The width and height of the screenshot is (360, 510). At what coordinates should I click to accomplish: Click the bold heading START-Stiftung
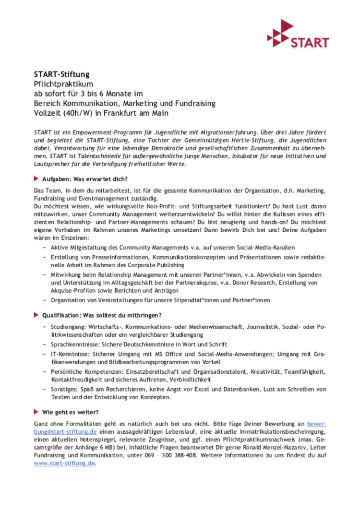(x=61, y=74)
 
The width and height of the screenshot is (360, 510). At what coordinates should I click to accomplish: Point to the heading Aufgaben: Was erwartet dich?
(x=84, y=178)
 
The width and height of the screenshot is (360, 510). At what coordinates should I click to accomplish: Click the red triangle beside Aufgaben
(x=36, y=178)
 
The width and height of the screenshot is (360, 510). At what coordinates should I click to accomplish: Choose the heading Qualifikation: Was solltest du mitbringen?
(x=101, y=315)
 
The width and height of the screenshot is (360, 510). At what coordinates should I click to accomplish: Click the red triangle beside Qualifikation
(x=36, y=315)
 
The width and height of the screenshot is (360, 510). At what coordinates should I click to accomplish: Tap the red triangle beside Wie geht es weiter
(x=36, y=412)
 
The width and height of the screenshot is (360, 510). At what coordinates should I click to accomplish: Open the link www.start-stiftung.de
(x=65, y=463)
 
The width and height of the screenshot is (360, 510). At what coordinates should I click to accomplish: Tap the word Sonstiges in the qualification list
(x=63, y=390)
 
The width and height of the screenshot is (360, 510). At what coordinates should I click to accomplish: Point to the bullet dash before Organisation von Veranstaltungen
(x=45, y=300)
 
